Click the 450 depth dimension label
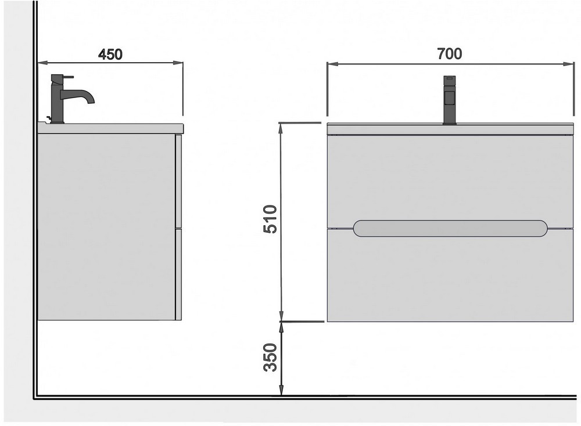pyautogui.click(x=110, y=55)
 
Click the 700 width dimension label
pyautogui.click(x=450, y=53)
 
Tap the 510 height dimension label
pyautogui.click(x=270, y=219)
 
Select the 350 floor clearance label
pyautogui.click(x=270, y=357)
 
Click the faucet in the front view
pyautogui.click(x=450, y=100)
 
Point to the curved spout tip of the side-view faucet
pyautogui.click(x=91, y=100)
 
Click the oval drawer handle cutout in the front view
pyautogui.click(x=450, y=228)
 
